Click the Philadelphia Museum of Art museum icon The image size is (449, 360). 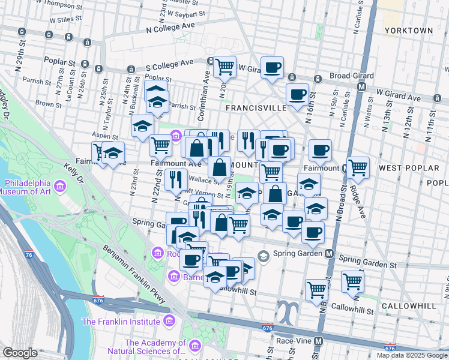tap(59, 188)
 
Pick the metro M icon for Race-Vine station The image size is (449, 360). tap(319, 341)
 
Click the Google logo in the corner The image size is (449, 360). tap(20, 353)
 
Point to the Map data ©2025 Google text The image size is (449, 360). tap(412, 355)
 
